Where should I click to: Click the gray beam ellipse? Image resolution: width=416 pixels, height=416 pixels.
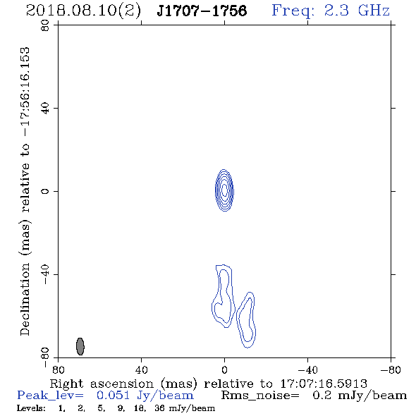click(80, 346)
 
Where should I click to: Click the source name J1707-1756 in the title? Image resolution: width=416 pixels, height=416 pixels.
click(202, 11)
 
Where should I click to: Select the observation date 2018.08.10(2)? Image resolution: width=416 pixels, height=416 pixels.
click(83, 11)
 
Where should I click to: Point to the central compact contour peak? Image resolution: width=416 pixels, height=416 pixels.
click(224, 190)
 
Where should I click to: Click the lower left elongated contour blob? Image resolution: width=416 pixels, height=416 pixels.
click(224, 296)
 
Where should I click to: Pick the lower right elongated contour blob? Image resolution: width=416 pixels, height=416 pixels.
click(246, 320)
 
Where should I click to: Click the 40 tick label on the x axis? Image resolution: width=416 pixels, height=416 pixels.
click(141, 370)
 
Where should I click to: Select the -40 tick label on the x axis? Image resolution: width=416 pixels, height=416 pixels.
click(307, 370)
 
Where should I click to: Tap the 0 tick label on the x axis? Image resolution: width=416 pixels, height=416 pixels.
click(224, 370)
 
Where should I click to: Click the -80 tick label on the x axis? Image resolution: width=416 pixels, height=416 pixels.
click(391, 370)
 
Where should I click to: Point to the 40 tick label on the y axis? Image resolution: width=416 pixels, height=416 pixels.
click(45, 108)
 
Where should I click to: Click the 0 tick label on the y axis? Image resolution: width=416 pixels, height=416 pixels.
click(45, 191)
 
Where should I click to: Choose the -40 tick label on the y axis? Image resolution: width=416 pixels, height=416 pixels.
click(45, 274)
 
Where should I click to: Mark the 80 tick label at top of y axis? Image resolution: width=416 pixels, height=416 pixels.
click(45, 25)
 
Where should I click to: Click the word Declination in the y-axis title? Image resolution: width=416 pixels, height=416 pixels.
click(25, 299)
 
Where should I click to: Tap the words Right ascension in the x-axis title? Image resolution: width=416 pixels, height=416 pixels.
click(102, 384)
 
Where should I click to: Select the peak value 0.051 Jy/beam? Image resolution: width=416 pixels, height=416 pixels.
click(145, 396)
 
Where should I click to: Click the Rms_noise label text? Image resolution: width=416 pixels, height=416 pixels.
click(260, 396)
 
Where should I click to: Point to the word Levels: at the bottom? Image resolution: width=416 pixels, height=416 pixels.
click(31, 408)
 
